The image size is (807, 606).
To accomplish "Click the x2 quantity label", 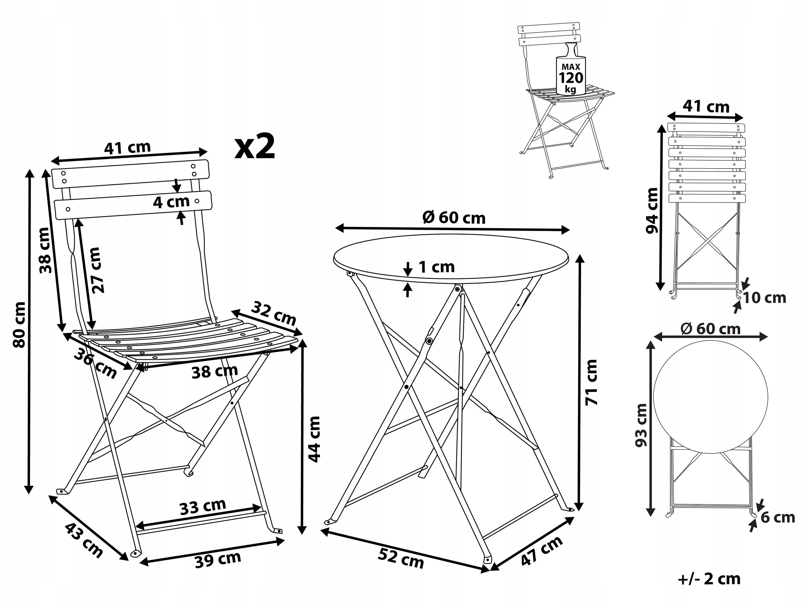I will pos(254,147).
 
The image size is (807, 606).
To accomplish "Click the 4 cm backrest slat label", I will pos(171,202).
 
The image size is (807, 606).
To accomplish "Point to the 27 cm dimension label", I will pos(97,270).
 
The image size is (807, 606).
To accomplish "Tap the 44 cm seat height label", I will pos(314,439).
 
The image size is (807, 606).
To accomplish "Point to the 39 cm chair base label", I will pos(218,560).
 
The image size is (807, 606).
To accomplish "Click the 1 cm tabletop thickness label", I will pos(436,267).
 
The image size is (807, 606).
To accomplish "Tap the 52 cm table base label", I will pos(401,558).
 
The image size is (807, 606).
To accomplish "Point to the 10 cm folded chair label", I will pos(764,298).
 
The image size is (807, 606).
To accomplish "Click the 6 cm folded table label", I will pos(777,517).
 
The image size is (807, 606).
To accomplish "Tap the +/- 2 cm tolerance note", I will pos(709,579).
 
